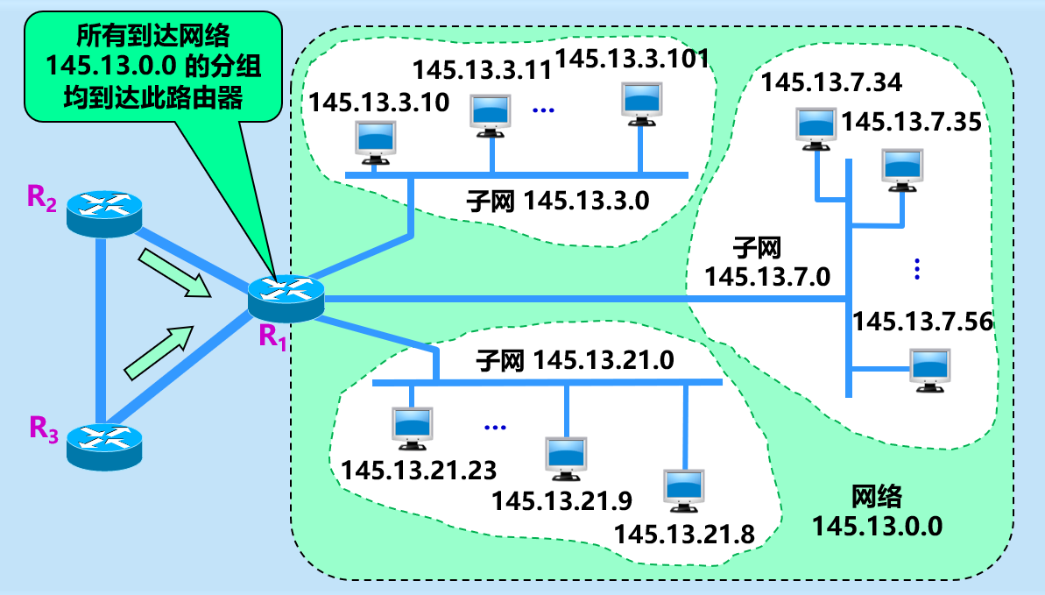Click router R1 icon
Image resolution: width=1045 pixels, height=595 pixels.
tap(286, 296)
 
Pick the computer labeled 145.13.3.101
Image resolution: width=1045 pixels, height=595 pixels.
tap(641, 103)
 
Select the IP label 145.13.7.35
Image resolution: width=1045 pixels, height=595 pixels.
tap(911, 121)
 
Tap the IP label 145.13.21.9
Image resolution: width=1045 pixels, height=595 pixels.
tap(561, 500)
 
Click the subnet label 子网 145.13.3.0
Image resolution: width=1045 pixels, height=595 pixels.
tap(559, 201)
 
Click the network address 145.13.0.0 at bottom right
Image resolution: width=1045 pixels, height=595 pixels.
tap(876, 526)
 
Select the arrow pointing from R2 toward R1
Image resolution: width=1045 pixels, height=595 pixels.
tap(175, 273)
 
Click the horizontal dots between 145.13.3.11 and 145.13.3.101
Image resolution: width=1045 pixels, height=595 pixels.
tap(544, 110)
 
